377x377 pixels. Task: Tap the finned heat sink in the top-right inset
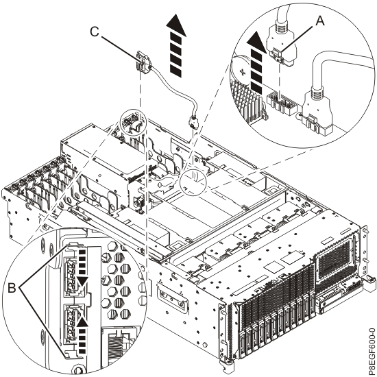pyautogui.click(x=249, y=106)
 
